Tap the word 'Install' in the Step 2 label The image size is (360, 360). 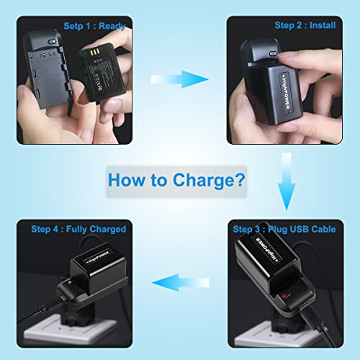(323, 27)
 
